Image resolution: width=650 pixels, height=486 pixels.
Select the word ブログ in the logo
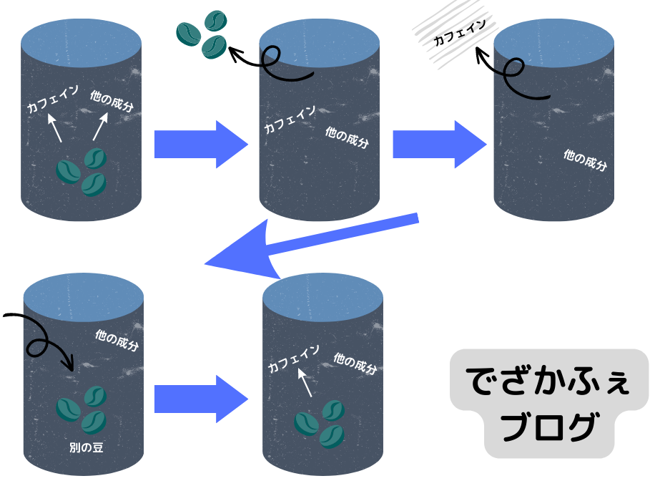pyautogui.click(x=548, y=427)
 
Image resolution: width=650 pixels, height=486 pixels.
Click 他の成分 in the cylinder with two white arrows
pyautogui.click(x=112, y=100)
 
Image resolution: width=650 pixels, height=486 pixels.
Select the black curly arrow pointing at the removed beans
pyautogui.click(x=272, y=64)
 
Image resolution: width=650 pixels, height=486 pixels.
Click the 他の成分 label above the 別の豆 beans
pyautogui.click(x=117, y=340)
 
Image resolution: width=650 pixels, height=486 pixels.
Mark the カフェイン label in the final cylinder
pyautogui.click(x=293, y=358)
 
